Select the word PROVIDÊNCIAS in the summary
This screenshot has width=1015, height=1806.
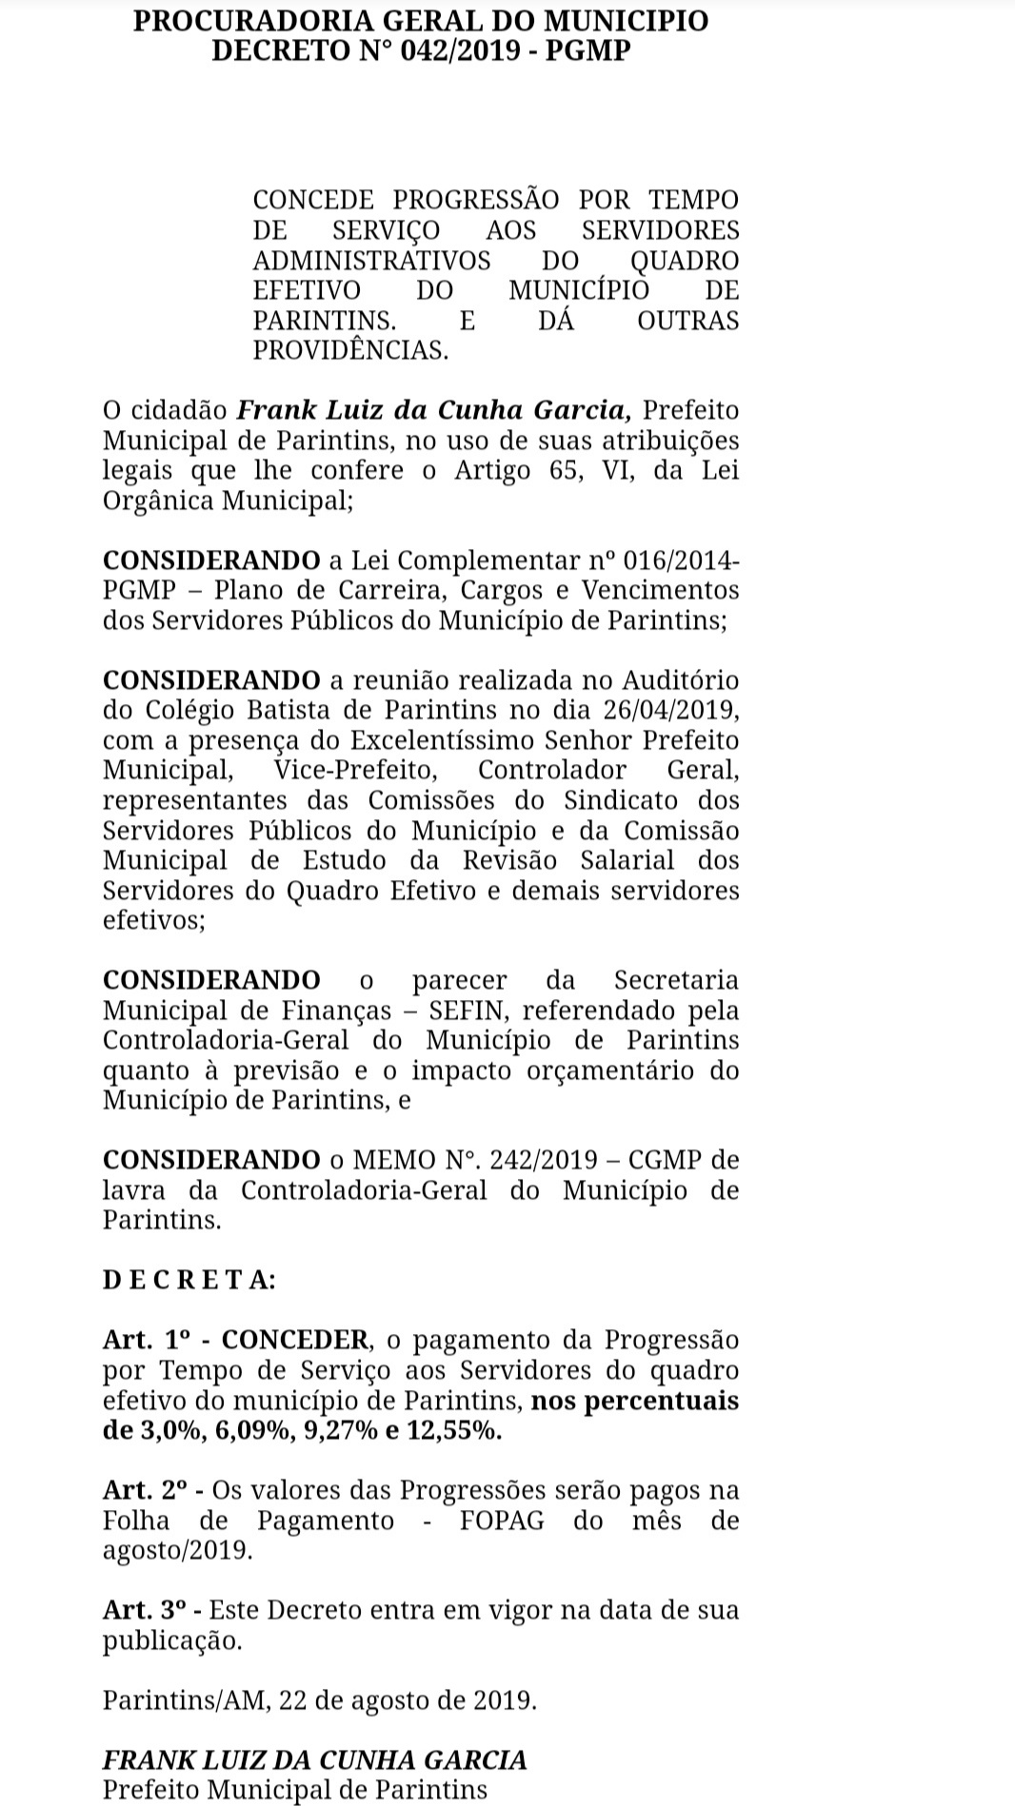349,350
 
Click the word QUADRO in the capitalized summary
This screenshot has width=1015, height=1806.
685,260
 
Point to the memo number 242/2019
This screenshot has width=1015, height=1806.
543,1160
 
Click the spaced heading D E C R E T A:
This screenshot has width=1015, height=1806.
189,1280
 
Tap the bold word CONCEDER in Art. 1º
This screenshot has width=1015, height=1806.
295,1340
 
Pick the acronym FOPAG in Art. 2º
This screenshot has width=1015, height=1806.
502,1521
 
